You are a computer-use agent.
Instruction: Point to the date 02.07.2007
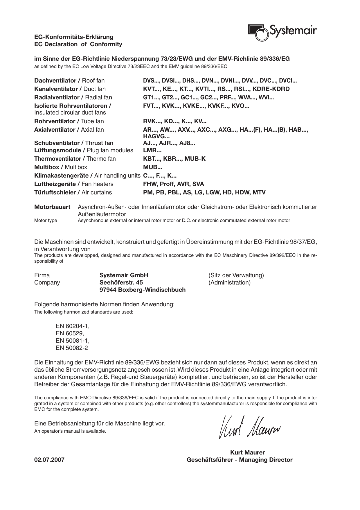click(49, 460)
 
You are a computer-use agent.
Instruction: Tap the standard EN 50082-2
click(72, 348)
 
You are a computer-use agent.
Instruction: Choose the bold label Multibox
click(46, 167)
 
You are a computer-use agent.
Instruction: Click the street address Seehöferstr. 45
click(121, 282)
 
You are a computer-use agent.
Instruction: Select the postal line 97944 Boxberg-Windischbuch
click(142, 290)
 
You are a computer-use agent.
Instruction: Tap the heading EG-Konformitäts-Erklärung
click(74, 37)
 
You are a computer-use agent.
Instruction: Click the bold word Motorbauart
click(52, 207)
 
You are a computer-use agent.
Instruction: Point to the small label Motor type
click(46, 220)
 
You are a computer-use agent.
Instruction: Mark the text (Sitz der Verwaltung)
click(236, 275)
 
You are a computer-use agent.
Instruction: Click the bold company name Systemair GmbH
click(124, 275)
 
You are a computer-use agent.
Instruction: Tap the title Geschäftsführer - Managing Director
click(240, 460)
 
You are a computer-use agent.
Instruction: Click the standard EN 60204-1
click(73, 326)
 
